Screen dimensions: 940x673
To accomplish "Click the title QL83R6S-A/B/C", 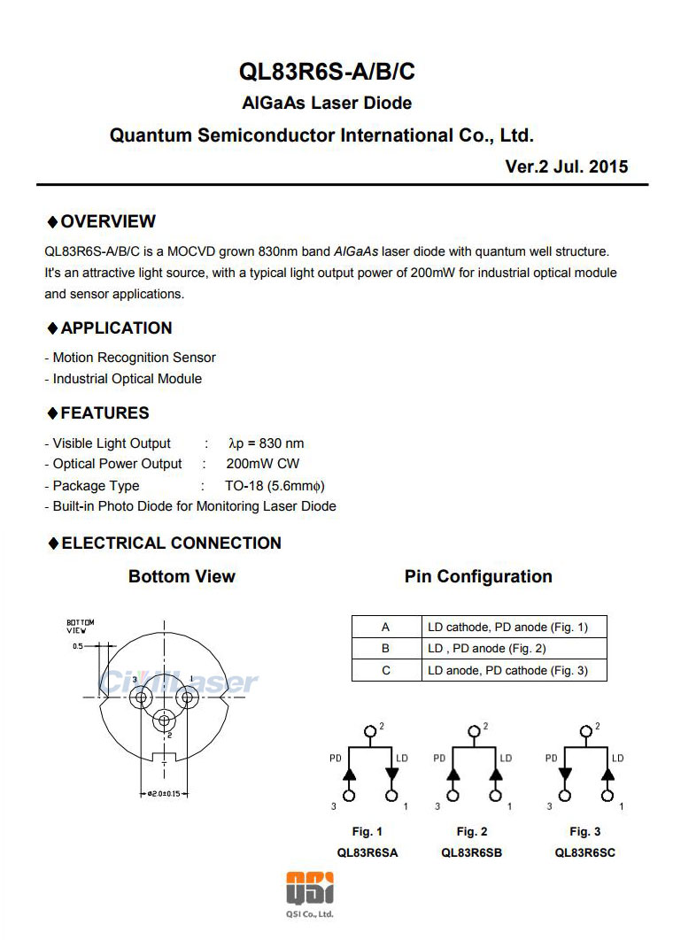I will point(327,71).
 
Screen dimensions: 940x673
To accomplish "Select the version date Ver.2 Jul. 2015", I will point(566,166).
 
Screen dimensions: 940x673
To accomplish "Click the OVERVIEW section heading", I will point(108,221).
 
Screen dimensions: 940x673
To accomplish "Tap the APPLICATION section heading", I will point(116,328).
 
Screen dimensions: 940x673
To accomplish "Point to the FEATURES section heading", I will point(104,413).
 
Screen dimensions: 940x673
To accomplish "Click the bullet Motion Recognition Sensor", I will point(134,358).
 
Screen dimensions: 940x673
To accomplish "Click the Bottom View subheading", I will point(182,577).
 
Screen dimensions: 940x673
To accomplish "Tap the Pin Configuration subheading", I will point(478,577).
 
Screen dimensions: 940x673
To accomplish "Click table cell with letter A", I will point(385,628).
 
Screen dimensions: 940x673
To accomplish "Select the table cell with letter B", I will point(385,649).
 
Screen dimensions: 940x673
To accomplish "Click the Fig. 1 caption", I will point(367,831).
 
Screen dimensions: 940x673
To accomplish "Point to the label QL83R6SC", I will point(584,853).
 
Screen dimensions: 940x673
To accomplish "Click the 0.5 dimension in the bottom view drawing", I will point(78,647).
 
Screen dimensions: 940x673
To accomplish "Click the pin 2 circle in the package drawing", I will point(163,720).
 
